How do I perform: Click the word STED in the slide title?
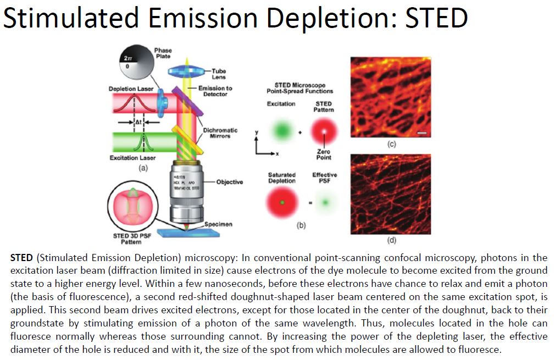436,18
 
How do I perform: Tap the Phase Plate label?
163,53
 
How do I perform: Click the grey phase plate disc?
137,62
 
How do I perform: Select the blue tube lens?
187,72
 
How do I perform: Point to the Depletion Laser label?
131,89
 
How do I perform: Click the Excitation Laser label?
132,158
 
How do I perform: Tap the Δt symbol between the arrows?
138,122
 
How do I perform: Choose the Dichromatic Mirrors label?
220,133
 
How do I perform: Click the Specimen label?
218,224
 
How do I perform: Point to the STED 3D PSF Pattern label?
132,239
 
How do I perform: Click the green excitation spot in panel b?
282,131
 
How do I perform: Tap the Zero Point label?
324,154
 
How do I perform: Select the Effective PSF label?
325,178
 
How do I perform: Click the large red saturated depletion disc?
282,202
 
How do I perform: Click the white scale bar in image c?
422,133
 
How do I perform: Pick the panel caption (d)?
391,240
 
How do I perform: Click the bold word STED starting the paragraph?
21,258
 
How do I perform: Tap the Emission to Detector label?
215,91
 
